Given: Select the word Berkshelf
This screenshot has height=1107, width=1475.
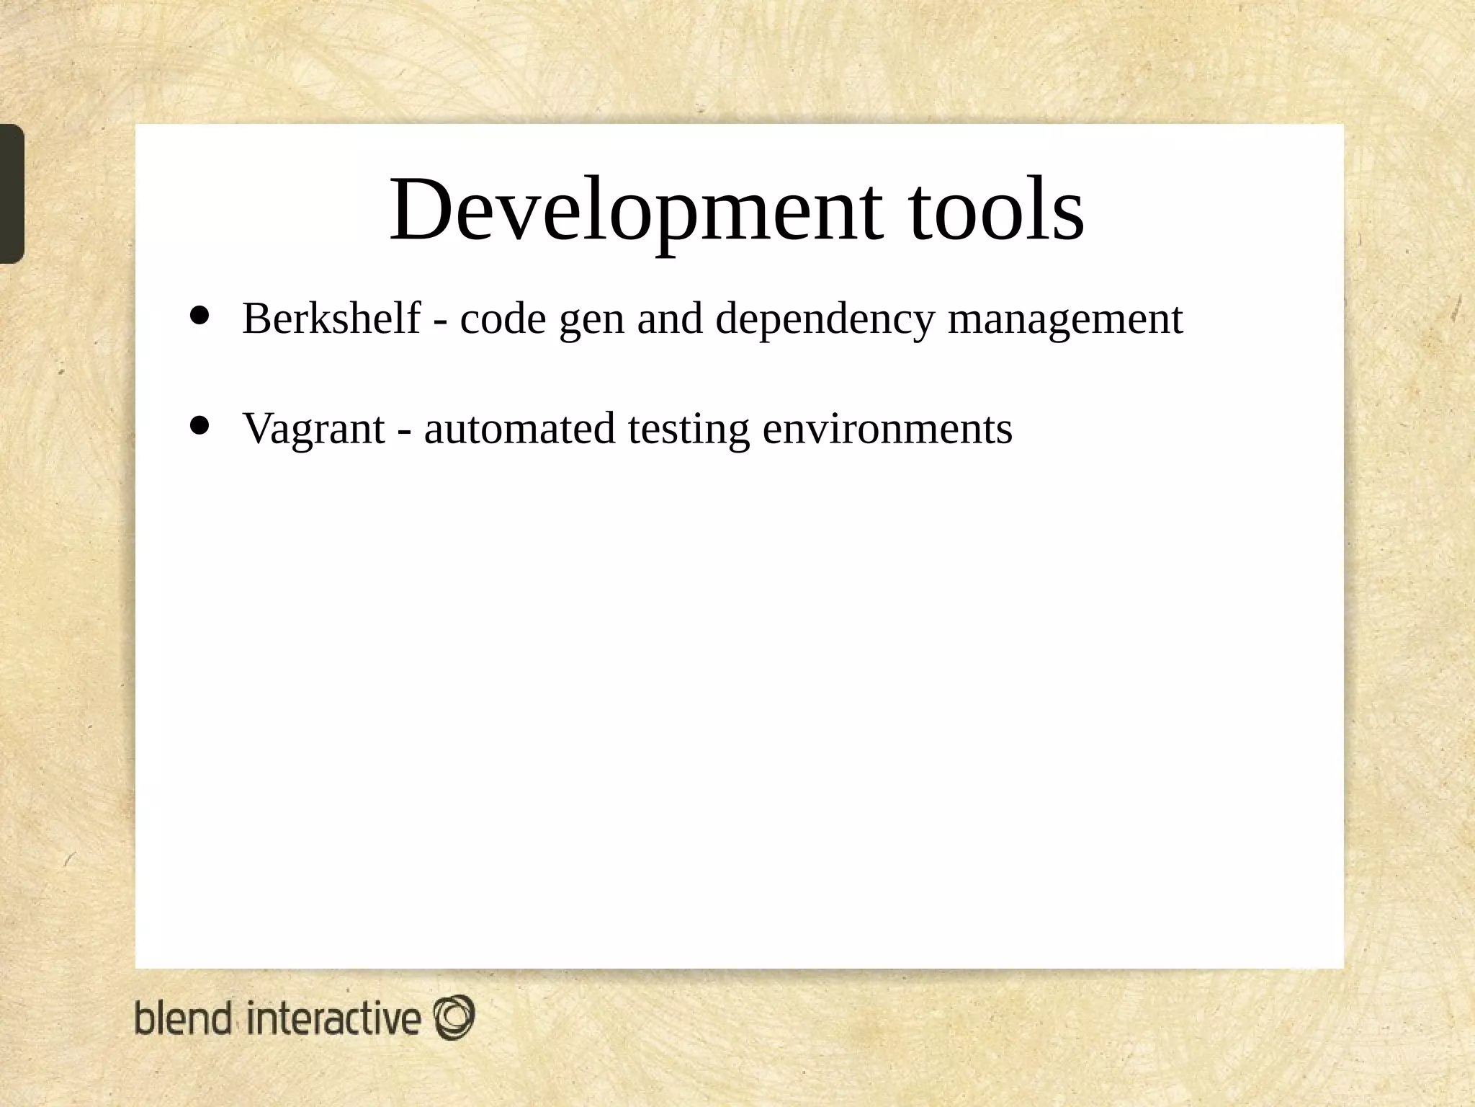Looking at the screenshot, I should point(331,319).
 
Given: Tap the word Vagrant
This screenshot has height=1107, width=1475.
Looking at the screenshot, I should point(314,429).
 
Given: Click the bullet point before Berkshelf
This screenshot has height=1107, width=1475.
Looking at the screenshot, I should point(199,315).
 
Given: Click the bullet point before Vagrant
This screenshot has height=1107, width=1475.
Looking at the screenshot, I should point(199,425).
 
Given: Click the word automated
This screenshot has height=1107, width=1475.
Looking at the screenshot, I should point(519,429).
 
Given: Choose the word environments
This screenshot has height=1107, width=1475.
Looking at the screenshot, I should point(887,429).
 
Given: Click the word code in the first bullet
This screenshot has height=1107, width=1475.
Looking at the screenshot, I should point(503,319).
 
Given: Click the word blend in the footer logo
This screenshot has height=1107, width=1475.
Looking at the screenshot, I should point(184,1018).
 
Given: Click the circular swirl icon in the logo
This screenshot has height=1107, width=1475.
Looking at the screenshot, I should point(454,1017).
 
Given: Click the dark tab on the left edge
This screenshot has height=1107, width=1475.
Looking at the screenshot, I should point(12,193).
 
